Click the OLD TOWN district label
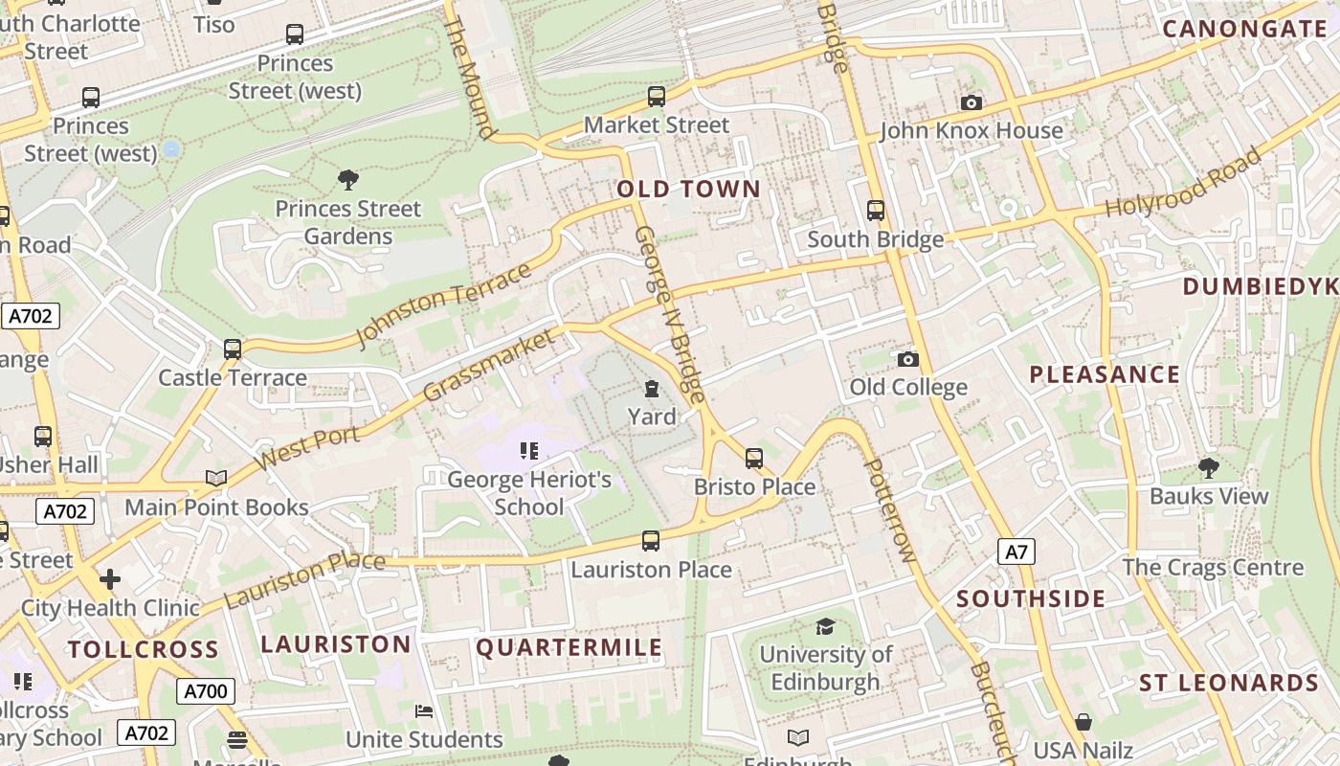(688, 189)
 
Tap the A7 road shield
(1016, 552)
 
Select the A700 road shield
(205, 691)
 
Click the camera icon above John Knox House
(971, 102)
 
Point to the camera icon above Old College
(907, 360)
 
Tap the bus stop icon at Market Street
(656, 97)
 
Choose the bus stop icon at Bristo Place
(754, 459)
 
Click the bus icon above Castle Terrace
(233, 349)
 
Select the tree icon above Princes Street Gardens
(348, 179)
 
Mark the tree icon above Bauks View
(1208, 467)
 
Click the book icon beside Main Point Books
(216, 478)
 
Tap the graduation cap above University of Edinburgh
(824, 626)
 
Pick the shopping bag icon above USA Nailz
(1083, 721)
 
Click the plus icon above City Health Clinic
(110, 579)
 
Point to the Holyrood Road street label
(1183, 183)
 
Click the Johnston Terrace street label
(442, 305)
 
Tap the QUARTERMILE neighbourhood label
(569, 648)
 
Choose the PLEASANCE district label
(1105, 374)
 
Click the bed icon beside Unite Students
(424, 711)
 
